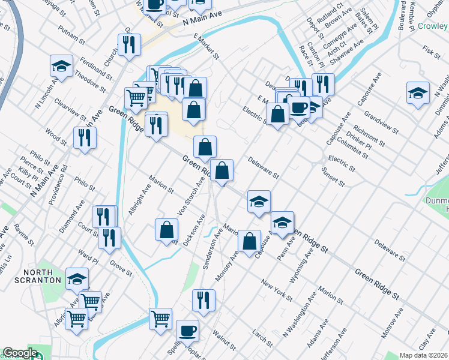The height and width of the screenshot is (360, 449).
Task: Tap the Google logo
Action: tap(20, 353)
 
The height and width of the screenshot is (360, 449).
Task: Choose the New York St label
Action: tap(277, 290)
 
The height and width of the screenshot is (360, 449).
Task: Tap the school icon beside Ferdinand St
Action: tap(61, 65)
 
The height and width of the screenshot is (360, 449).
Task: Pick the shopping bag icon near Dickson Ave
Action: tap(166, 229)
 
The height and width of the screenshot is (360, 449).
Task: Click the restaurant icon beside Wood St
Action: tap(85, 137)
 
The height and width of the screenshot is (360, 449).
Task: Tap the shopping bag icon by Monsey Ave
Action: tap(249, 241)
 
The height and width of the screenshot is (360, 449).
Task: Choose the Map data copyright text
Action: tap(423, 355)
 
